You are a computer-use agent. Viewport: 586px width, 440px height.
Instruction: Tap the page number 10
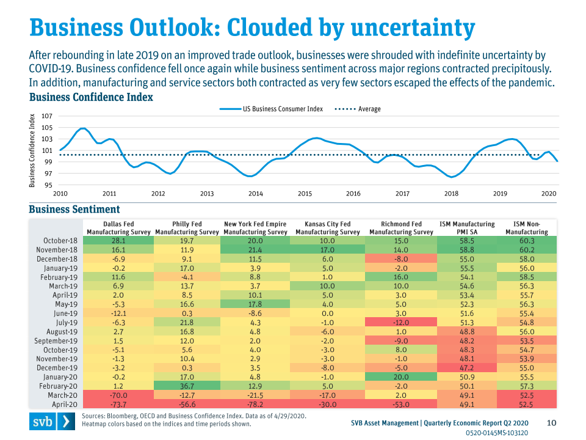coord(551,422)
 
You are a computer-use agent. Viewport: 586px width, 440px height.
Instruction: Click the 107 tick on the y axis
coord(47,116)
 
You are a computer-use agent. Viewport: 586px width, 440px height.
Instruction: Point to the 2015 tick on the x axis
coord(305,193)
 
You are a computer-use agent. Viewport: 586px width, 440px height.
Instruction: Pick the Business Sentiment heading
coord(74,210)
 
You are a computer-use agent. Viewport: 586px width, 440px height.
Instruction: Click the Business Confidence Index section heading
coord(91,97)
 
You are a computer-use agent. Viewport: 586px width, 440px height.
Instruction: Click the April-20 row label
coord(64,404)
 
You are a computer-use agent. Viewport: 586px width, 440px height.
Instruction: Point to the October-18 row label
coord(61,241)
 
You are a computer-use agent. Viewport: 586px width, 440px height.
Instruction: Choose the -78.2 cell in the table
coord(256,404)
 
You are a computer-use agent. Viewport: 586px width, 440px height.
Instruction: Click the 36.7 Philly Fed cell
coord(187,386)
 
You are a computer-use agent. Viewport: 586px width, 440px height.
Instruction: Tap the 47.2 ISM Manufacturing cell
coord(467,368)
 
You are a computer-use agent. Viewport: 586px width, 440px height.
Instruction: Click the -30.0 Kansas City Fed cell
coord(328,404)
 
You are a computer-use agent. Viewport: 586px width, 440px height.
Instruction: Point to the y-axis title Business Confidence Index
coord(33,150)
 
